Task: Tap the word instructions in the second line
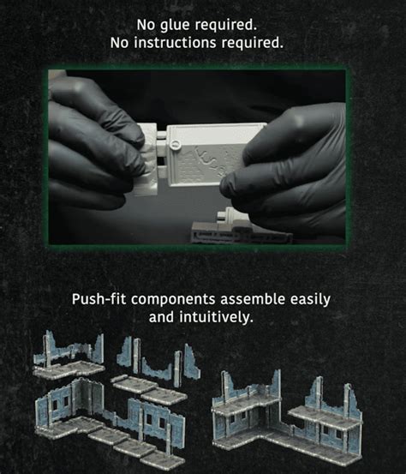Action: [x=176, y=43]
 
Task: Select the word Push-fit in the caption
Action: [x=99, y=300]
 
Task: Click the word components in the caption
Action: [x=173, y=300]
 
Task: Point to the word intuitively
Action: [x=216, y=317]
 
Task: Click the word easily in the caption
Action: [x=310, y=300]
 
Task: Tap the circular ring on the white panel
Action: [x=176, y=144]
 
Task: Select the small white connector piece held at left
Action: [x=147, y=159]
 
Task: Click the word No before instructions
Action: [x=119, y=43]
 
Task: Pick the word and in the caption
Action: [x=161, y=317]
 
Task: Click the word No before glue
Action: [x=146, y=25]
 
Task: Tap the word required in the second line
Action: [x=253, y=43]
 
